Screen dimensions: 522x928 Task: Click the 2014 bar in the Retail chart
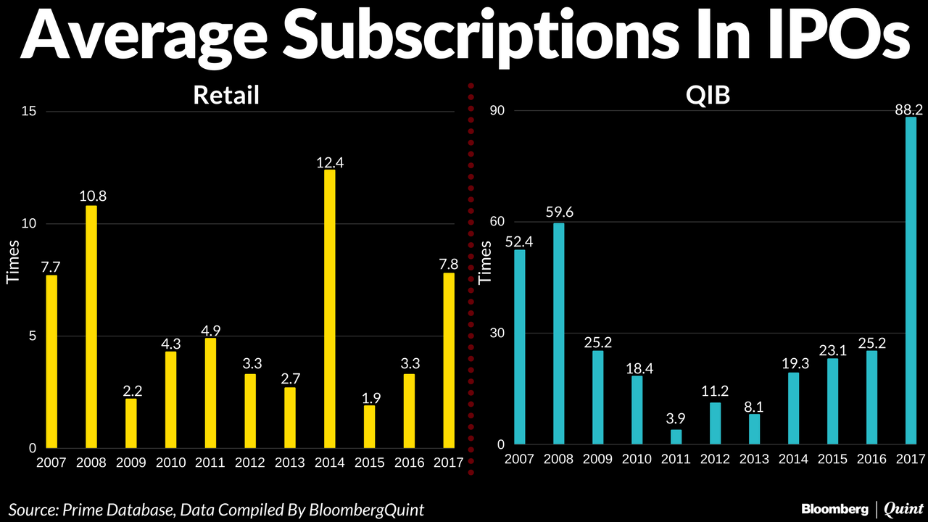tap(330, 308)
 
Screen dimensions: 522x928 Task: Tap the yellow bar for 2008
tap(91, 327)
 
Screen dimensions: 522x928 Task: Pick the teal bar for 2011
tap(676, 437)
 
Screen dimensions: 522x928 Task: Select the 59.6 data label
tap(558, 212)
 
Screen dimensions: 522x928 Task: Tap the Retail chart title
tap(226, 95)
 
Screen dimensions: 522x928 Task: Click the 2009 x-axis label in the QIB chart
tap(598, 459)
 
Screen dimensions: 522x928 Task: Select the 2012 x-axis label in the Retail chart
tap(250, 463)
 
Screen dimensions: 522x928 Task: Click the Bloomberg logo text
tap(835, 510)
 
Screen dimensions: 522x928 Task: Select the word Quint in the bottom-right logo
tap(903, 510)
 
